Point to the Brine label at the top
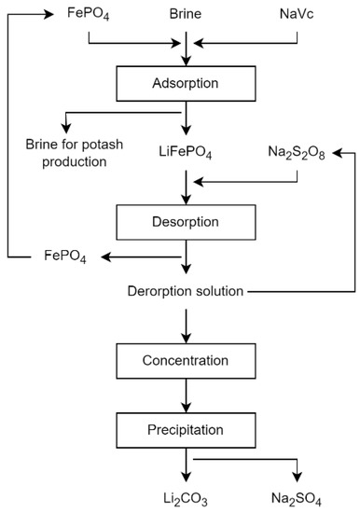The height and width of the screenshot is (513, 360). tap(187, 16)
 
